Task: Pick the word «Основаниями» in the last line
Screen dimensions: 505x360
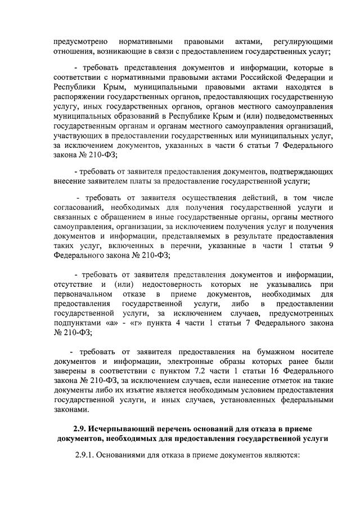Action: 132,456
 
